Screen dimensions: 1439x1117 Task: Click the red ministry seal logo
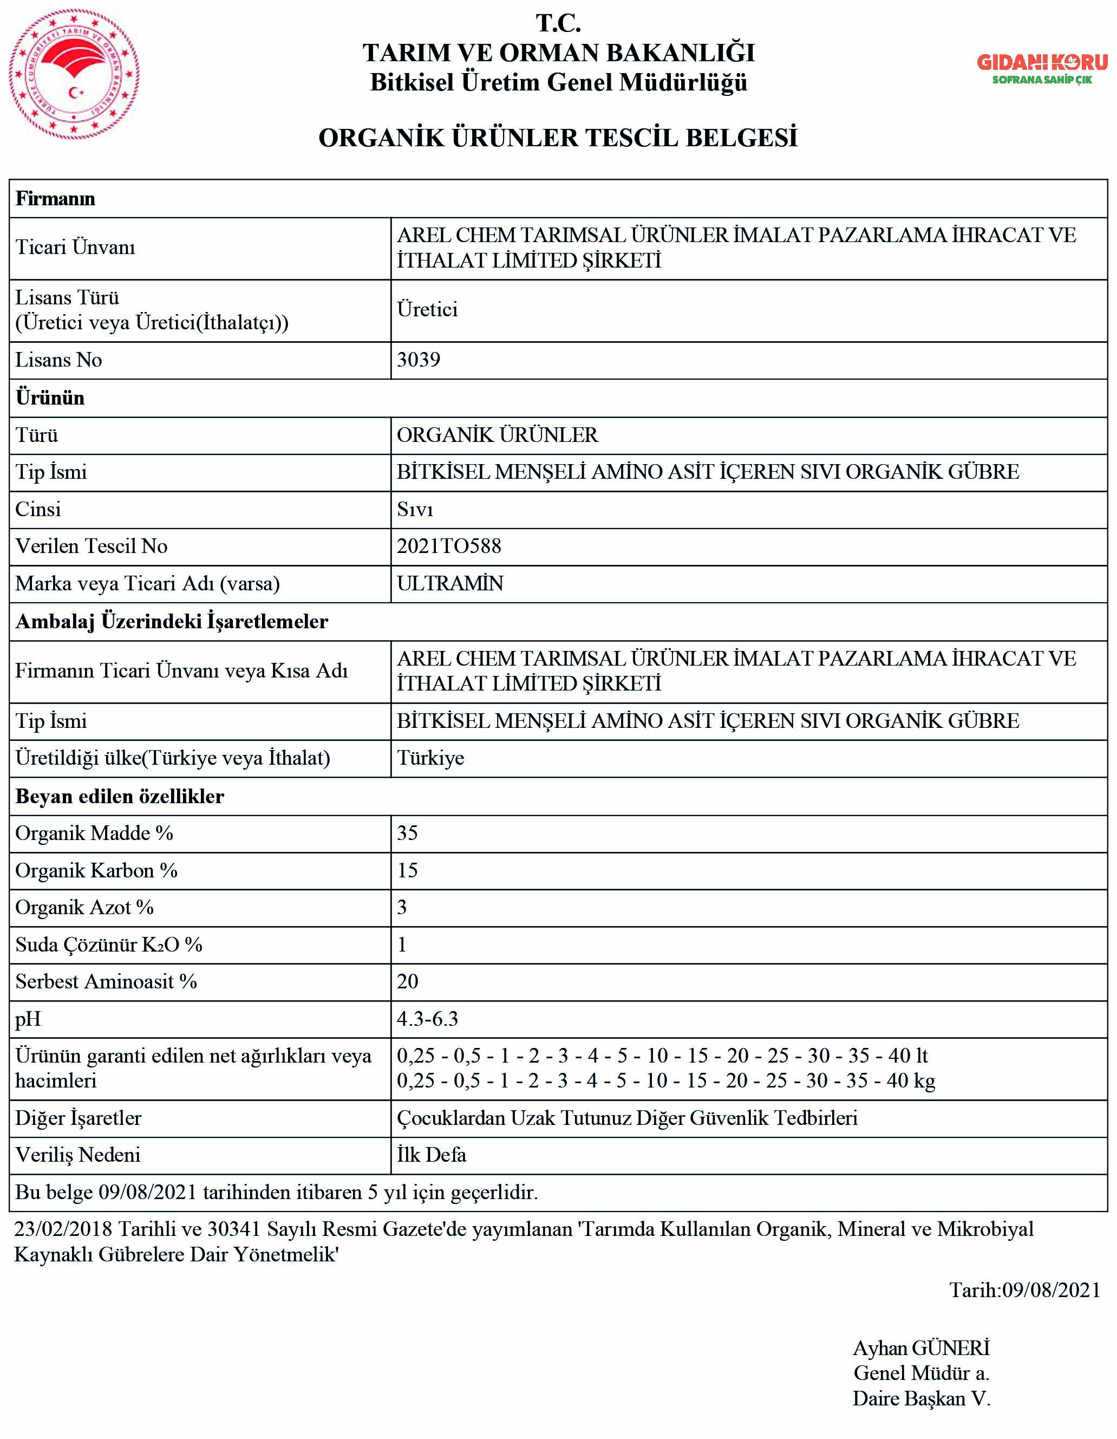pyautogui.click(x=74, y=74)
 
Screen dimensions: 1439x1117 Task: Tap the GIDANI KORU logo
pyautogui.click(x=1042, y=69)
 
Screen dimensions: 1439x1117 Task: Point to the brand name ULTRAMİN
pyautogui.click(x=450, y=584)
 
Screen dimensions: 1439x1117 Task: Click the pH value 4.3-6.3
pyautogui.click(x=427, y=1019)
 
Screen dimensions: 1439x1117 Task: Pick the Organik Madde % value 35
pyautogui.click(x=407, y=834)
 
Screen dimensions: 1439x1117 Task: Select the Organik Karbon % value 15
pyautogui.click(x=407, y=871)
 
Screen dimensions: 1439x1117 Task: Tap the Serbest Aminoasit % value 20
pyautogui.click(x=407, y=982)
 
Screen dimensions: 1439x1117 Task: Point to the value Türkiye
pyautogui.click(x=430, y=758)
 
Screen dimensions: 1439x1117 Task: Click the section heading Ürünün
pyautogui.click(x=50, y=398)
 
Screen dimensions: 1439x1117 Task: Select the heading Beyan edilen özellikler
pyautogui.click(x=120, y=797)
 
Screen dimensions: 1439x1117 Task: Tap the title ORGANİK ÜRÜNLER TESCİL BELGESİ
pyautogui.click(x=558, y=138)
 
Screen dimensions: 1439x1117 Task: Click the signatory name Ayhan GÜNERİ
pyautogui.click(x=921, y=1348)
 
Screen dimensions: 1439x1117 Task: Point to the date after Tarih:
pyautogui.click(x=1051, y=1290)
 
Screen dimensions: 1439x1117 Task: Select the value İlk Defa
pyautogui.click(x=432, y=1155)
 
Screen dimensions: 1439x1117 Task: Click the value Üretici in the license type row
pyautogui.click(x=427, y=310)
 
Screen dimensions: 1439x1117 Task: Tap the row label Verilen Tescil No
pyautogui.click(x=92, y=546)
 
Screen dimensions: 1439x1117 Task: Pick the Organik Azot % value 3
pyautogui.click(x=402, y=908)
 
